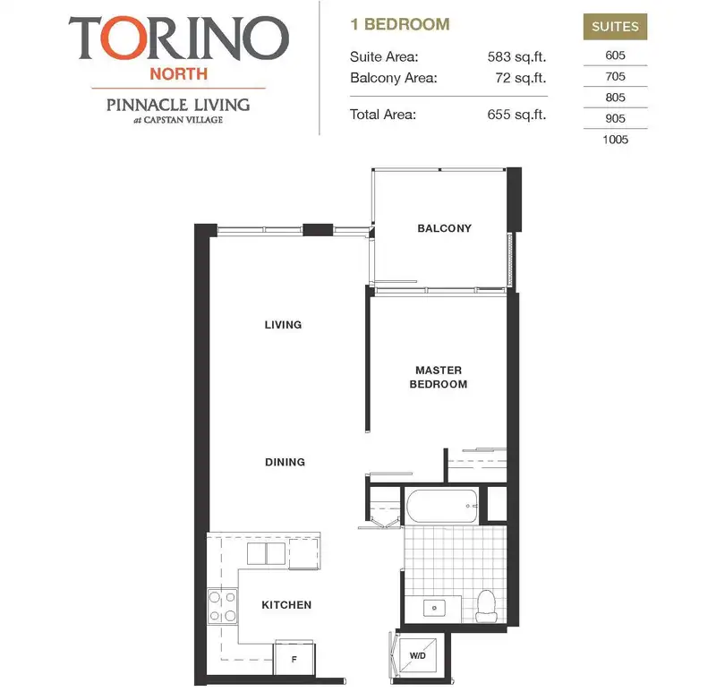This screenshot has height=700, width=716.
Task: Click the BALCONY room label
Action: coord(444,228)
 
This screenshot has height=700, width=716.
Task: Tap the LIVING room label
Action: coord(283,325)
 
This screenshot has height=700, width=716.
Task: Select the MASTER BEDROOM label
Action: coord(439,377)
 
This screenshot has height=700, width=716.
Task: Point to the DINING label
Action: coord(285,462)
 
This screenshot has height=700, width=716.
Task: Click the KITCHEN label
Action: coord(286,605)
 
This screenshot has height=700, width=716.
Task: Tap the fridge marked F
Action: coord(294,658)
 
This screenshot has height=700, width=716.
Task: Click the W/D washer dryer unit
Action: coord(418,656)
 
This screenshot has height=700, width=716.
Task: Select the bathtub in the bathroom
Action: coord(442,506)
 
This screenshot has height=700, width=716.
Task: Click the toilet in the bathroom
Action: coord(486,606)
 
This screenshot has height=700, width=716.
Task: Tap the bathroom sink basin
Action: coord(434,608)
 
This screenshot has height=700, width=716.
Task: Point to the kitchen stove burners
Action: coord(222,606)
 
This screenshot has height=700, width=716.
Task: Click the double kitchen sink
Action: coord(266,553)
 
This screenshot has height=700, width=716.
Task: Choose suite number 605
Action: coord(615,55)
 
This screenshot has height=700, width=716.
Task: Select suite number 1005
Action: coord(615,140)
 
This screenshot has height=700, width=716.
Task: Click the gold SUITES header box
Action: coord(615,27)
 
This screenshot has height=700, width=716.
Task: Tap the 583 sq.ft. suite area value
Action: coord(516,56)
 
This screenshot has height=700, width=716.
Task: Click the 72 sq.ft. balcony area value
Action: coord(521,78)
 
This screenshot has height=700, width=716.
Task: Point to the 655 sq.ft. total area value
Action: coord(516,115)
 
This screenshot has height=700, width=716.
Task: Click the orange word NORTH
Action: coord(178,74)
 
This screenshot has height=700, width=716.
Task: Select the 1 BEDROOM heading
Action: coord(399,24)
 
